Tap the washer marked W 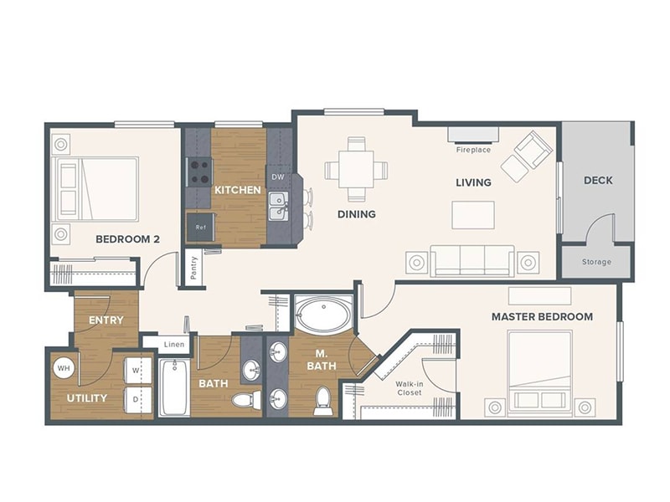(x=137, y=369)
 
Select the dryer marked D (x=137, y=398)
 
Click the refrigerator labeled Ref (x=201, y=227)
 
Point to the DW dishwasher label (x=277, y=177)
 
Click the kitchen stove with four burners (x=199, y=172)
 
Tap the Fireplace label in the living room (x=473, y=151)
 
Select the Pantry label (x=193, y=269)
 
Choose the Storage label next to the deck (x=596, y=262)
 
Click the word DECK (x=598, y=180)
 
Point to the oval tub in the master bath (x=323, y=315)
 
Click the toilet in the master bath (x=322, y=400)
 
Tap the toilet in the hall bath (x=245, y=400)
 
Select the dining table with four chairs (x=357, y=170)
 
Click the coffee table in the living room (x=472, y=215)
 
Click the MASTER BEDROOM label (x=542, y=316)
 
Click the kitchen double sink (x=278, y=205)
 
